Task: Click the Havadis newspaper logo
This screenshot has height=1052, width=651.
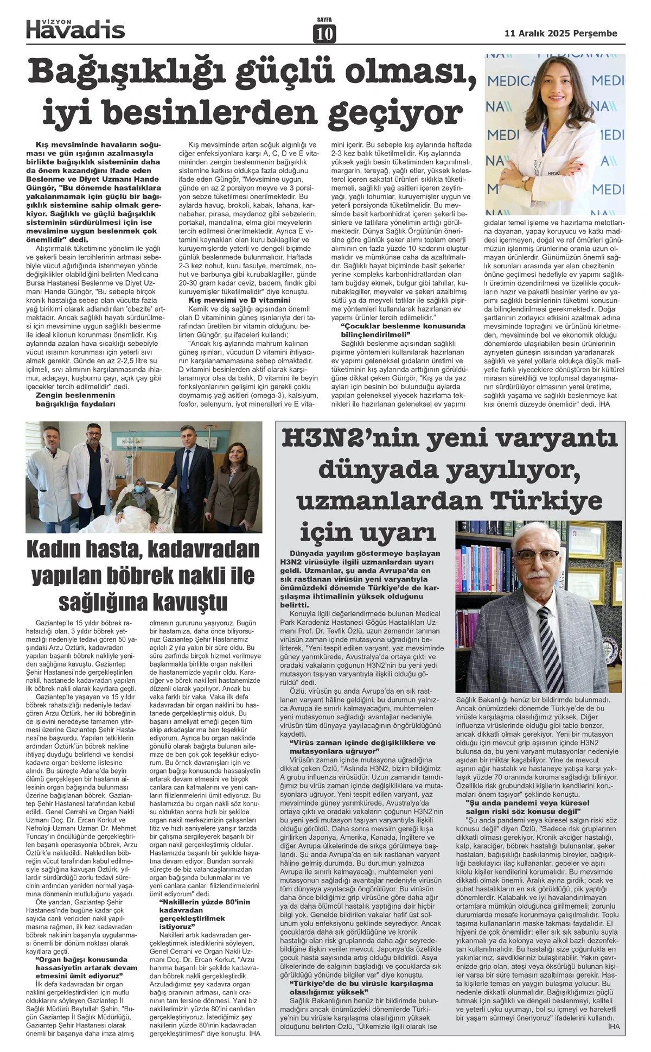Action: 76,30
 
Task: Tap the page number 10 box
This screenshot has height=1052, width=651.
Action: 324,34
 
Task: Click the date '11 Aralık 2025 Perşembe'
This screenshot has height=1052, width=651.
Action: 560,33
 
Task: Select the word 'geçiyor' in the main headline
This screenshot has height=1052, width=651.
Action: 395,113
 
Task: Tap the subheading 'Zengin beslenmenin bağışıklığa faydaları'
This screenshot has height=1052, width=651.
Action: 75,400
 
